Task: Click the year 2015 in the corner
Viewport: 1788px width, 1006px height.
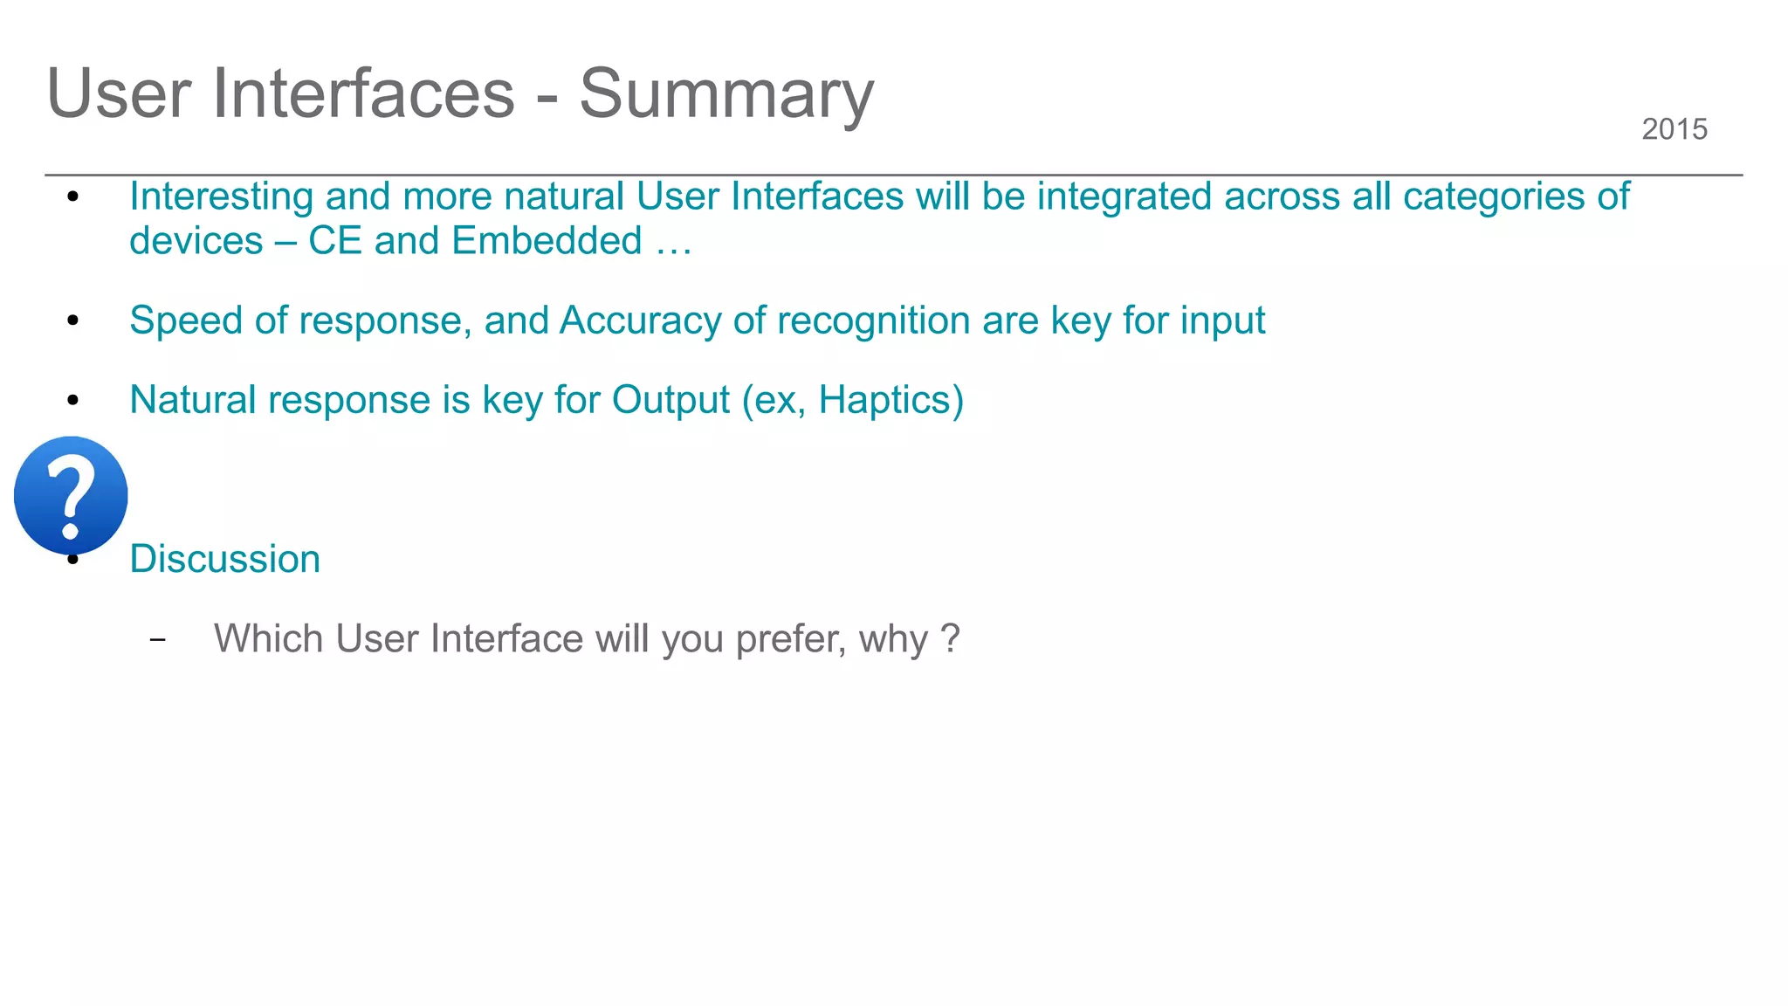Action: pyautogui.click(x=1674, y=129)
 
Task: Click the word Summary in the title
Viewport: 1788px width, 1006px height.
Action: pyautogui.click(x=726, y=94)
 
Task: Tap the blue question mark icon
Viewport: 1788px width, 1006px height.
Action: pyautogui.click(x=71, y=495)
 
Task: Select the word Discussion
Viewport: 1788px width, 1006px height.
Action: pyautogui.click(x=224, y=559)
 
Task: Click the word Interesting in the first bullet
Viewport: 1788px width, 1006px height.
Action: pyautogui.click(x=221, y=196)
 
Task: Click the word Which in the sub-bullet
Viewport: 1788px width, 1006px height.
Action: pyautogui.click(x=269, y=638)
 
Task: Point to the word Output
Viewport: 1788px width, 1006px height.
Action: pyautogui.click(x=670, y=400)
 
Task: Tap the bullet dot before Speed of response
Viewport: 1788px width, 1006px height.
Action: pyautogui.click(x=73, y=321)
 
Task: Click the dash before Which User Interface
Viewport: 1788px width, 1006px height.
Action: pyautogui.click(x=157, y=640)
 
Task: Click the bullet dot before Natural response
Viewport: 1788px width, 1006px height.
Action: pyautogui.click(x=73, y=401)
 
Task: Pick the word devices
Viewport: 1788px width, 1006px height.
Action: pyautogui.click(x=196, y=241)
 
